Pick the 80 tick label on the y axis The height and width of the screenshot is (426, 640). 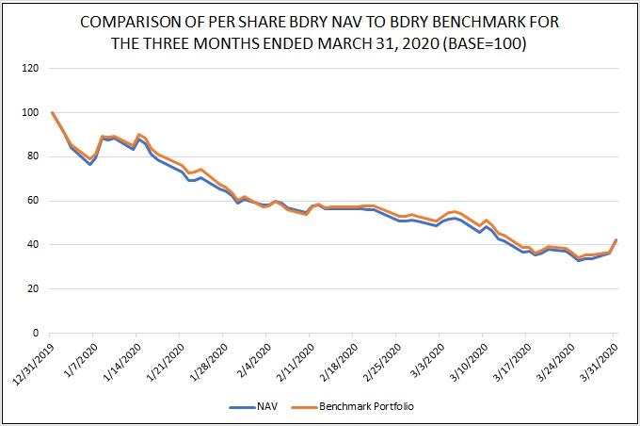[x=33, y=156]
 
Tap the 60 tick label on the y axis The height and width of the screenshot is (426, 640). [x=33, y=201]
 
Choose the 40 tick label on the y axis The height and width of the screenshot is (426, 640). [x=33, y=245]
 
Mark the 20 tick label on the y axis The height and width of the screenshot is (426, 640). [x=33, y=289]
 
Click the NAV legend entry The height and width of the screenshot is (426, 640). [x=258, y=407]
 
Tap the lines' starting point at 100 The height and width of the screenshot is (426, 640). [x=51, y=113]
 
